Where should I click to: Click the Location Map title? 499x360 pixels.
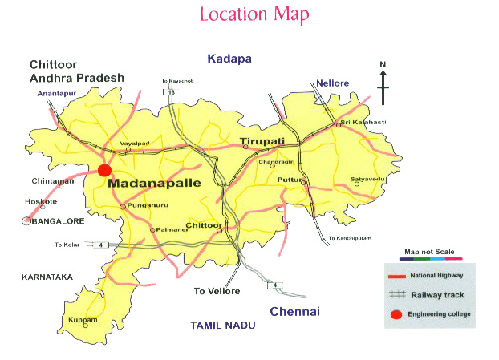[x=254, y=14]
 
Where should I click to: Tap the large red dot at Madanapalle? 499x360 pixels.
[x=103, y=169]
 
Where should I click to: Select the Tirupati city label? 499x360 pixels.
[x=262, y=142]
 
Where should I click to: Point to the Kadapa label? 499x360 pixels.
[x=229, y=59]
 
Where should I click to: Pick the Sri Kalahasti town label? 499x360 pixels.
[x=363, y=122]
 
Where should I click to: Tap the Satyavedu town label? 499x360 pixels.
[x=369, y=180]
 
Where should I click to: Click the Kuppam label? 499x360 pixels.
[x=83, y=320]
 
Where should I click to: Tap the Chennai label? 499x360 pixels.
[x=294, y=311]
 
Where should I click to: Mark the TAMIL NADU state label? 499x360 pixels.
[x=222, y=325]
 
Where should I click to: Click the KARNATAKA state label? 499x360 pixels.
[x=47, y=277]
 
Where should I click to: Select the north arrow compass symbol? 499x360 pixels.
[x=383, y=83]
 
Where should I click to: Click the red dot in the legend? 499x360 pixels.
[x=396, y=313]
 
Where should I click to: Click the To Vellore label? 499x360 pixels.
[x=217, y=291]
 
